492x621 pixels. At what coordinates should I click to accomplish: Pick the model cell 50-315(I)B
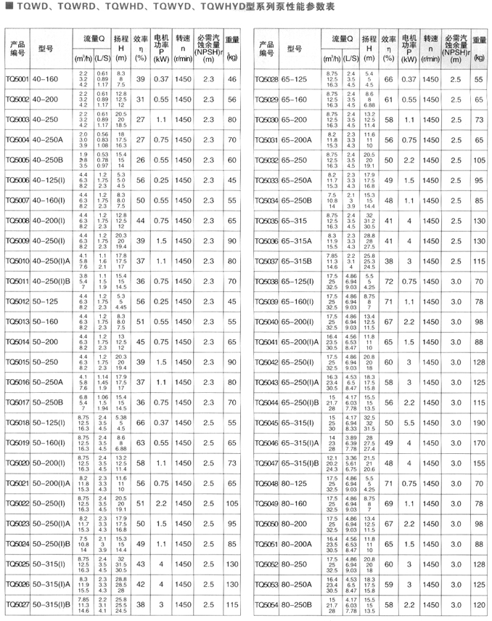point(52,604)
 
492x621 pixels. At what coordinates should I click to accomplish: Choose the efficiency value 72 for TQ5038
point(388,280)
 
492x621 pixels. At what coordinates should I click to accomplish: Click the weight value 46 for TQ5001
point(232,78)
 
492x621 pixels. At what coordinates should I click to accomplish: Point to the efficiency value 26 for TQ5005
point(140,158)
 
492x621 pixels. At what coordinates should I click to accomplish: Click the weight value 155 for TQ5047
point(479,462)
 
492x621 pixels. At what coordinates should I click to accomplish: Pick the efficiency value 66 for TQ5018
point(140,421)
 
